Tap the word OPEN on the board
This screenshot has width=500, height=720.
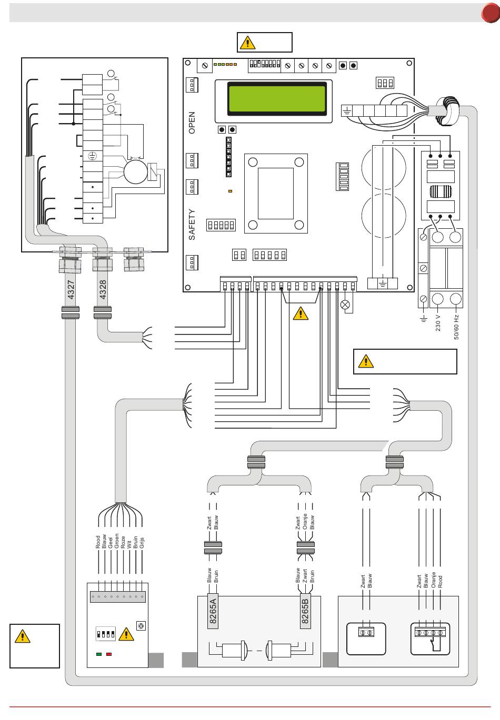point(192,122)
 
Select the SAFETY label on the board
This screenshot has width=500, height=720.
point(192,225)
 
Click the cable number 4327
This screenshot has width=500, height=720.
point(71,289)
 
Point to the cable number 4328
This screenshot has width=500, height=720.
point(103,289)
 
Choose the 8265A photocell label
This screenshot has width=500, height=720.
point(213,610)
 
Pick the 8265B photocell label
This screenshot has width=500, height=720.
point(305,610)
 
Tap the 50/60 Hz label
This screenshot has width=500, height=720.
point(456,326)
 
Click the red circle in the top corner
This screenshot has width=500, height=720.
point(491,14)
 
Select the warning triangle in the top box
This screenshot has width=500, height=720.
point(247,42)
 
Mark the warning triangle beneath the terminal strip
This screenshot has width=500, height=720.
point(300,313)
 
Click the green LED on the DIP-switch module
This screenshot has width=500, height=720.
point(98,654)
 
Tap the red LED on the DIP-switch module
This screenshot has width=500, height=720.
point(109,654)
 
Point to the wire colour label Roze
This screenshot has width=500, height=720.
point(123,542)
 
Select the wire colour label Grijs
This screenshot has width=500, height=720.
point(142,542)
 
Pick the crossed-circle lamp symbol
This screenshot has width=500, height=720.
point(346,305)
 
